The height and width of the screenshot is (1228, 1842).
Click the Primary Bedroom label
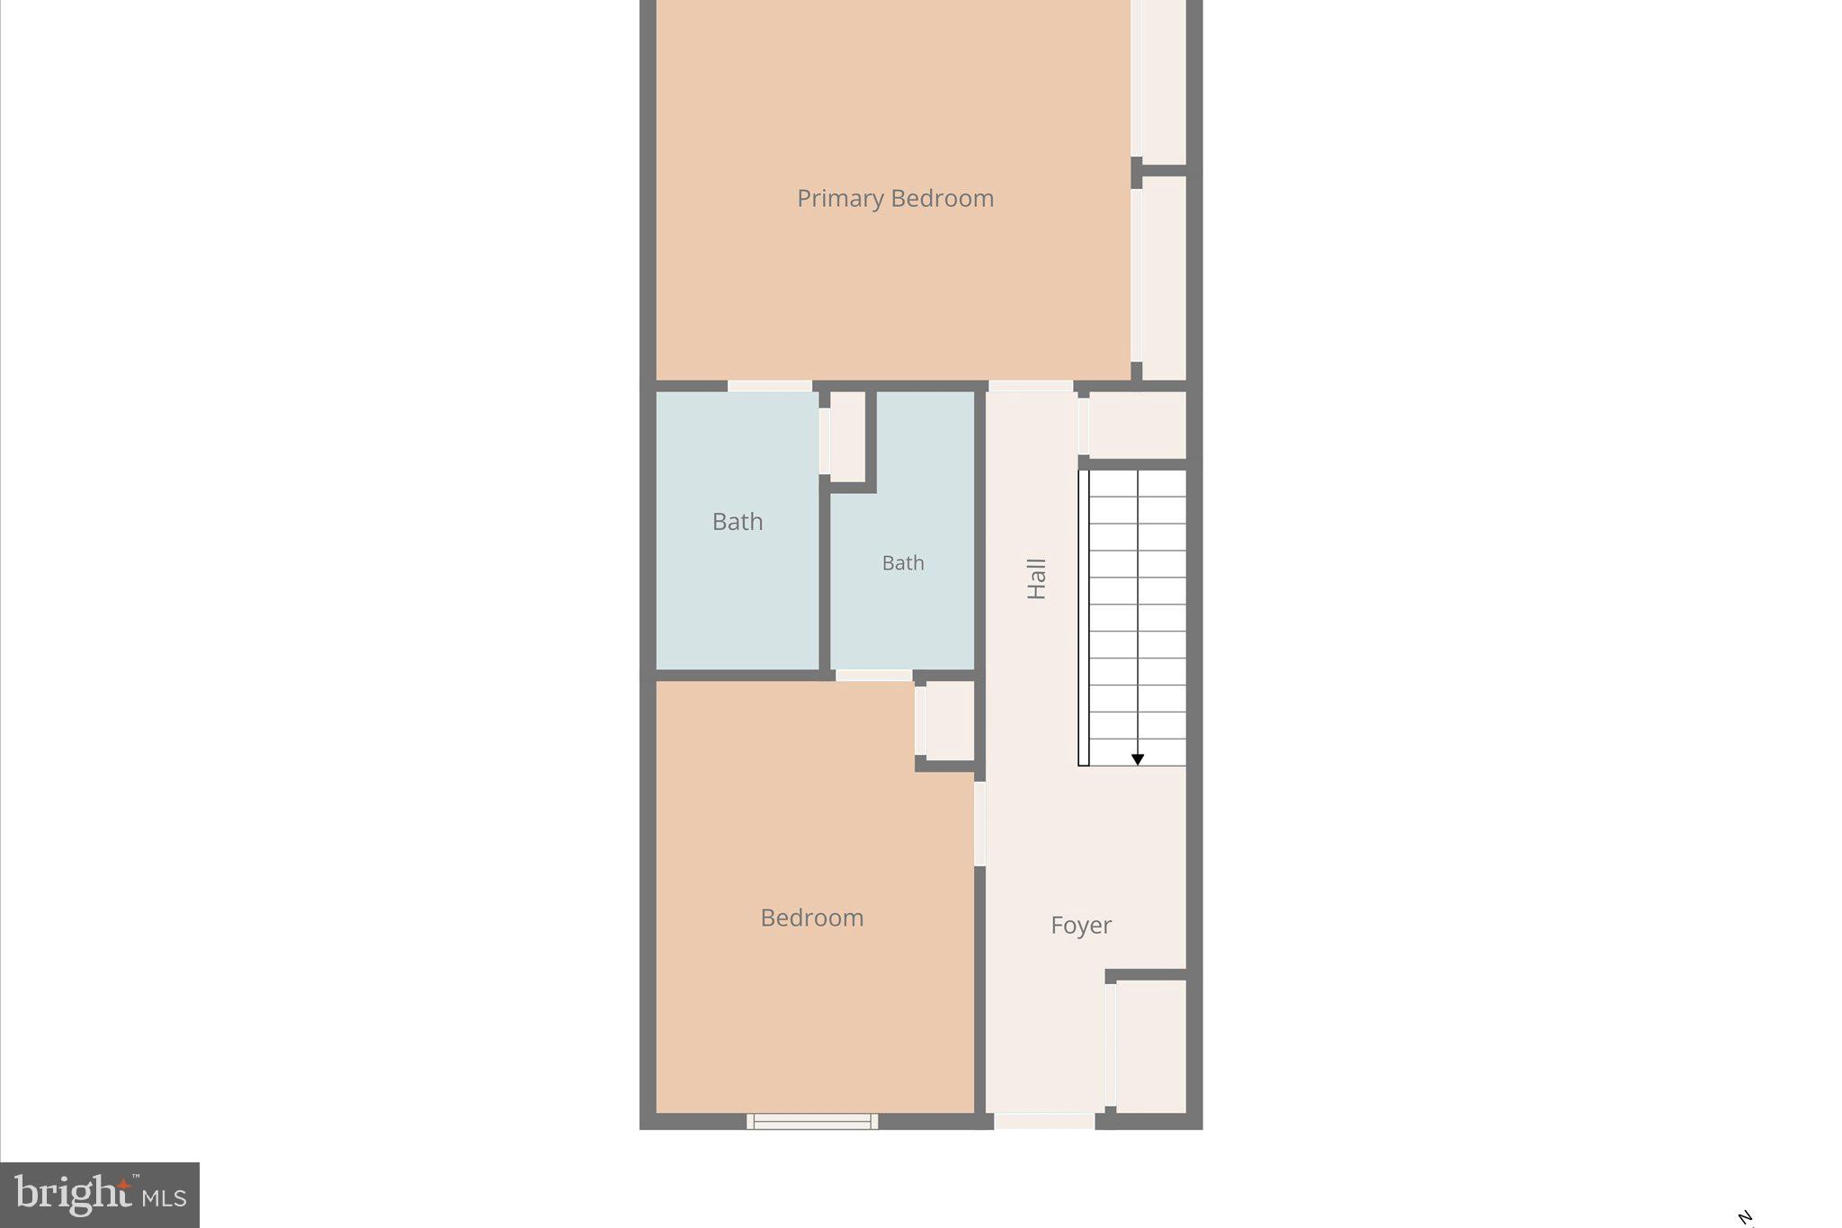click(x=895, y=199)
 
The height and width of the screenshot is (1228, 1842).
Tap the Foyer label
click(x=1081, y=925)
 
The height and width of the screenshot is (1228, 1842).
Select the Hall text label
click(x=1037, y=578)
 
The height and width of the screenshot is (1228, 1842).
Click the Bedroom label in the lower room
click(x=811, y=918)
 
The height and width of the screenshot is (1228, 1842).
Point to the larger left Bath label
click(x=738, y=522)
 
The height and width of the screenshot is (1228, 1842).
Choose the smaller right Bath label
click(x=903, y=563)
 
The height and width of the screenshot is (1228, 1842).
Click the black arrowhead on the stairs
click(x=1138, y=760)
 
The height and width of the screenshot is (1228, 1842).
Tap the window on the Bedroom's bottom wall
click(x=812, y=1121)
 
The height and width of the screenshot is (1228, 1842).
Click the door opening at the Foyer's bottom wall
click(x=1044, y=1121)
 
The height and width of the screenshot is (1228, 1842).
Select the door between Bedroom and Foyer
click(x=980, y=823)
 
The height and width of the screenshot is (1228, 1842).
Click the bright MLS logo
click(x=100, y=1196)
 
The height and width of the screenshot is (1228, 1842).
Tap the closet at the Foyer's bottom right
click(x=1150, y=1046)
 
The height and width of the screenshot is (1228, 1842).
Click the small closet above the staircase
click(x=1137, y=425)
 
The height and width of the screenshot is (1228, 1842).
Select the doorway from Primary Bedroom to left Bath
click(x=770, y=386)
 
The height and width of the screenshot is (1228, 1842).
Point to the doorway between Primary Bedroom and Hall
click(x=1031, y=386)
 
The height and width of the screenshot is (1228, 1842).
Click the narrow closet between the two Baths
click(x=847, y=436)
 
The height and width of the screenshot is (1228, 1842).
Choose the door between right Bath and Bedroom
click(x=874, y=675)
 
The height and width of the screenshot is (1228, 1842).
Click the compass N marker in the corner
click(x=1746, y=1218)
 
